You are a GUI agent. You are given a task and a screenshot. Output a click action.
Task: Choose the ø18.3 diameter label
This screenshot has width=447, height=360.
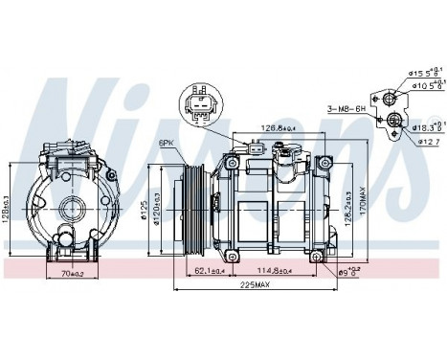click(x=428, y=126)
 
